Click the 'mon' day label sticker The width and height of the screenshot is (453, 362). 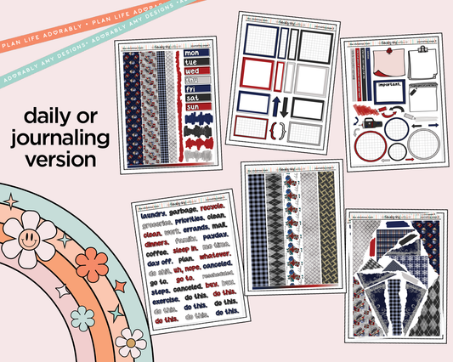pos(190,53)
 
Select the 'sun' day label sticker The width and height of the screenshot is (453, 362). pos(190,107)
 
